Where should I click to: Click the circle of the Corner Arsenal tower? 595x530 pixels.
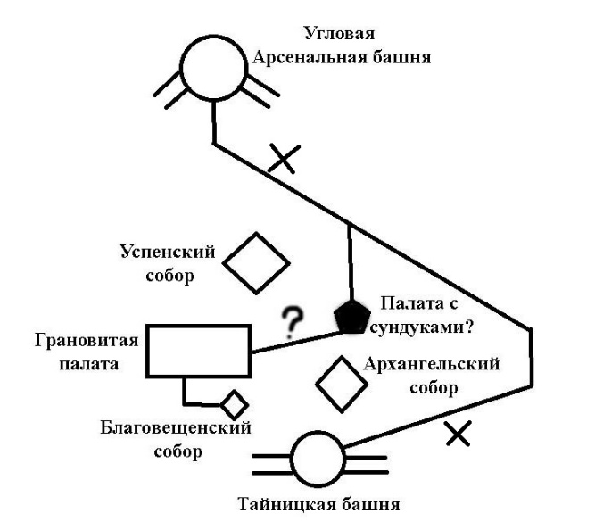[x=180, y=69]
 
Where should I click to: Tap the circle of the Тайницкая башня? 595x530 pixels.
[x=292, y=460]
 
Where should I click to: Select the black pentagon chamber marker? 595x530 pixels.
[x=351, y=318]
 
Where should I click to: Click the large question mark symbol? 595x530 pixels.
[x=293, y=322]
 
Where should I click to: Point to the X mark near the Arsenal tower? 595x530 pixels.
[x=284, y=158]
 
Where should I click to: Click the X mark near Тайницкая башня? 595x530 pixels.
[x=459, y=433]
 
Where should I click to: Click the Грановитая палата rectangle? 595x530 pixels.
[x=148, y=352]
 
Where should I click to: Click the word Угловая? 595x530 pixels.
[x=339, y=33]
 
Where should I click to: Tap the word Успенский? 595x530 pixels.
[x=168, y=252]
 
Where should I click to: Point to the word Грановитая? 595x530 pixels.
[x=87, y=340]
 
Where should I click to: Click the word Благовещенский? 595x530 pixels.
[x=176, y=428]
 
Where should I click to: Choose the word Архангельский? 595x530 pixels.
[x=432, y=364]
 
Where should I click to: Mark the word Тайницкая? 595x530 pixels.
[x=287, y=504]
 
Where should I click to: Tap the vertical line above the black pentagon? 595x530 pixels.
[x=351, y=262]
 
